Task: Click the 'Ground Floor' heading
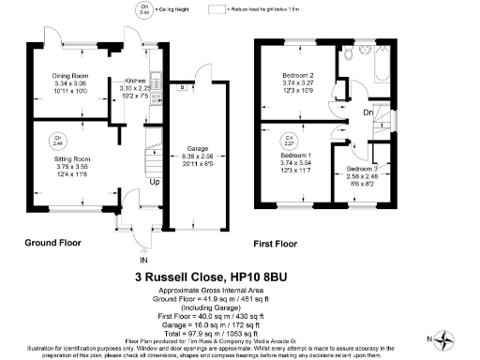click(55, 242)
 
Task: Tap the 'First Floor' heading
click(276, 245)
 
